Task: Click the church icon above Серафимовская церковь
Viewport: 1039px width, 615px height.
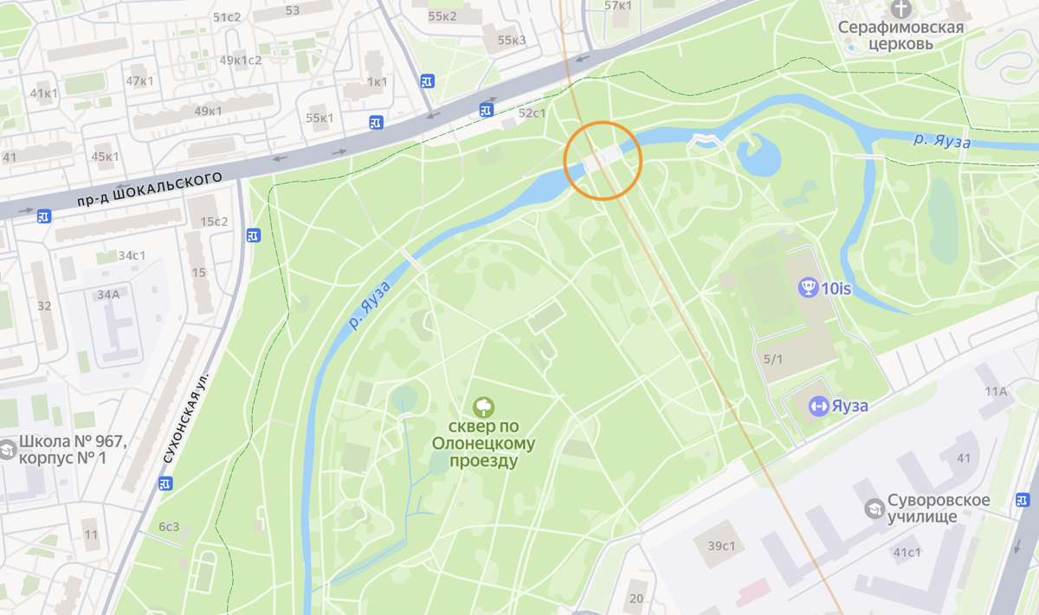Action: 901,9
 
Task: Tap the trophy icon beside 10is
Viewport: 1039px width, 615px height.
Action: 809,288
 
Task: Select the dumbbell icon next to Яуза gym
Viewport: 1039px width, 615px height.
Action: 818,406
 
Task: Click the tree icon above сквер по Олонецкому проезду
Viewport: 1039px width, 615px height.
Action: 483,407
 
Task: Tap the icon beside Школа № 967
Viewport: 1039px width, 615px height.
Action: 7,450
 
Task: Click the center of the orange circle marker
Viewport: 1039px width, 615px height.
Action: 603,161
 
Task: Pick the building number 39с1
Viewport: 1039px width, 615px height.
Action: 721,546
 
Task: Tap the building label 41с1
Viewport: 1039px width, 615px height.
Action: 907,552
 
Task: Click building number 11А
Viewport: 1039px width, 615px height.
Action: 996,391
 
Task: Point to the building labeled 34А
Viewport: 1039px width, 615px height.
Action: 108,294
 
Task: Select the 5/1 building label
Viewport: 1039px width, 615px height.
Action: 773,359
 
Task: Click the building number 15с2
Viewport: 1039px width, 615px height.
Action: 214,221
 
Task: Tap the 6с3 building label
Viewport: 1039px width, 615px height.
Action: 168,527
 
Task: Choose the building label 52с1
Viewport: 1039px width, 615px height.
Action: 532,112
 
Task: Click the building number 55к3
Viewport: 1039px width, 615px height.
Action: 512,40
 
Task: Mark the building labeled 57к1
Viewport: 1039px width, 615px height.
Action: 618,5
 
